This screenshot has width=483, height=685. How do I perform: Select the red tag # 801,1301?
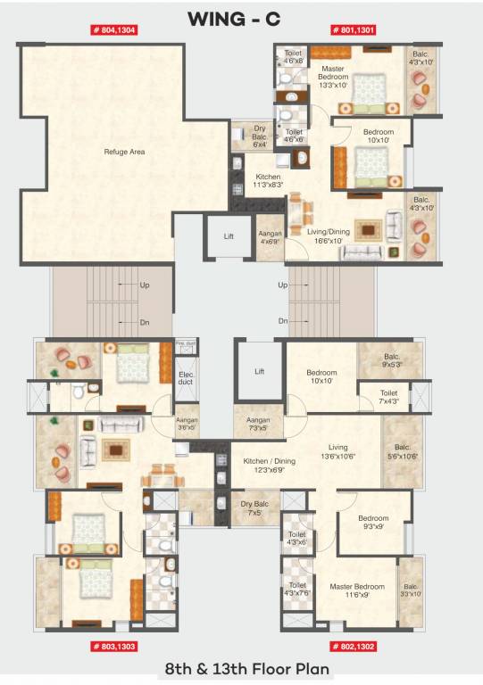point(354,29)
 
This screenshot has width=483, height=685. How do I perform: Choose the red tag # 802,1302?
point(354,644)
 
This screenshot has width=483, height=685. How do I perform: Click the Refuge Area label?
point(124,152)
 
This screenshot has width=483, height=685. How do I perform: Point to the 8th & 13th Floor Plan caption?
point(241,668)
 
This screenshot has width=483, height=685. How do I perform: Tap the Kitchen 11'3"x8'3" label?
point(268,181)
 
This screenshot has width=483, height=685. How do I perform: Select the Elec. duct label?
point(187,377)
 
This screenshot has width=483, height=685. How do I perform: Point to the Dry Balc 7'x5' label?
point(253,508)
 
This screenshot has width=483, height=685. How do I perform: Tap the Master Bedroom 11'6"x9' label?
point(356,590)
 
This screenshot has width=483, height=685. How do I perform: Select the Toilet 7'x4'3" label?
point(388,396)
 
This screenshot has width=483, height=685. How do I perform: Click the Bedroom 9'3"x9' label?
point(373,522)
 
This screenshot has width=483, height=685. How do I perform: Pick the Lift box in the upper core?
point(228,236)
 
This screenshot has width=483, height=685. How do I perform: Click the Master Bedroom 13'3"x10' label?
point(333,78)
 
